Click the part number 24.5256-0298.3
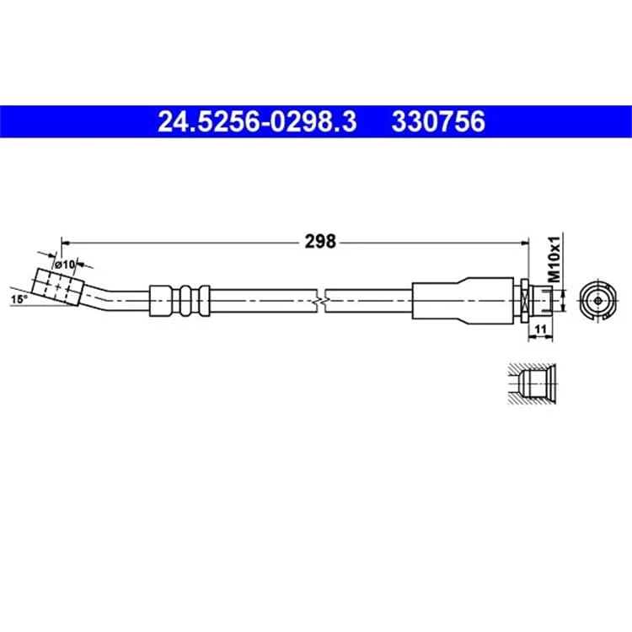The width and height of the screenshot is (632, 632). (x=257, y=121)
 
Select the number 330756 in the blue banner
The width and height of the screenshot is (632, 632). (x=438, y=121)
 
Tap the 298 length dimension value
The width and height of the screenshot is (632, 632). (x=320, y=242)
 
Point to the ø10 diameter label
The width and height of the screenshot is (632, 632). (x=65, y=265)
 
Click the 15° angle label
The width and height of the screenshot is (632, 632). (x=19, y=299)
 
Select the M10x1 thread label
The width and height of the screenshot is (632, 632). (x=555, y=259)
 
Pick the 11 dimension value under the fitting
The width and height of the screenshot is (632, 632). (x=540, y=329)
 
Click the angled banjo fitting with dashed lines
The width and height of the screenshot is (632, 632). (x=56, y=287)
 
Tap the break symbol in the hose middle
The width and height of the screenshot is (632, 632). (x=321, y=301)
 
